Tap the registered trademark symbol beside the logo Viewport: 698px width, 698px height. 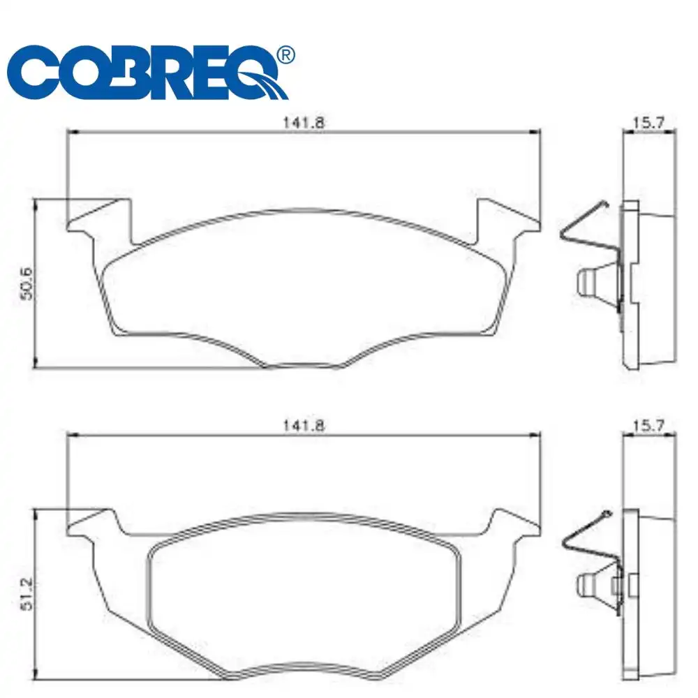[285, 55]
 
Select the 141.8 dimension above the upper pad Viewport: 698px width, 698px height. [304, 121]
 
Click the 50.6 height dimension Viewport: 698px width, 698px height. [27, 282]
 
